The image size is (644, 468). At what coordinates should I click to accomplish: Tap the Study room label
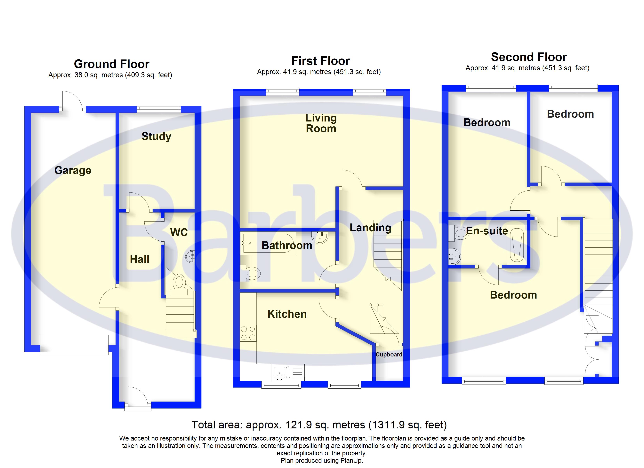pyautogui.click(x=157, y=136)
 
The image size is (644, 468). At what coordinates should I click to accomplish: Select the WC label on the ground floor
pyautogui.click(x=179, y=232)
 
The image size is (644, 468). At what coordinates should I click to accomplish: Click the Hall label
pyautogui.click(x=139, y=259)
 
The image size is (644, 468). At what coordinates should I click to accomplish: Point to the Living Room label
pyautogui.click(x=321, y=123)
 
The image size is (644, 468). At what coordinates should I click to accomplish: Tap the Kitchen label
pyautogui.click(x=287, y=314)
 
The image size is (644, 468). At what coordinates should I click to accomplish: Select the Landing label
pyautogui.click(x=370, y=228)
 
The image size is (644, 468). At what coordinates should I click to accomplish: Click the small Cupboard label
pyautogui.click(x=389, y=355)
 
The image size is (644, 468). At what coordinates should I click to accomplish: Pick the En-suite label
pyautogui.click(x=487, y=231)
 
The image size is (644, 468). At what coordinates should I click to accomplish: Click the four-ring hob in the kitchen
pyautogui.click(x=248, y=333)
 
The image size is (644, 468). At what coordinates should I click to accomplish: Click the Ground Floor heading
pyautogui.click(x=112, y=64)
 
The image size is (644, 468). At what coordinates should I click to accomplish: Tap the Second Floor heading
pyautogui.click(x=529, y=57)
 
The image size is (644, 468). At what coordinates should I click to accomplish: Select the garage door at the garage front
pyautogui.click(x=74, y=345)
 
